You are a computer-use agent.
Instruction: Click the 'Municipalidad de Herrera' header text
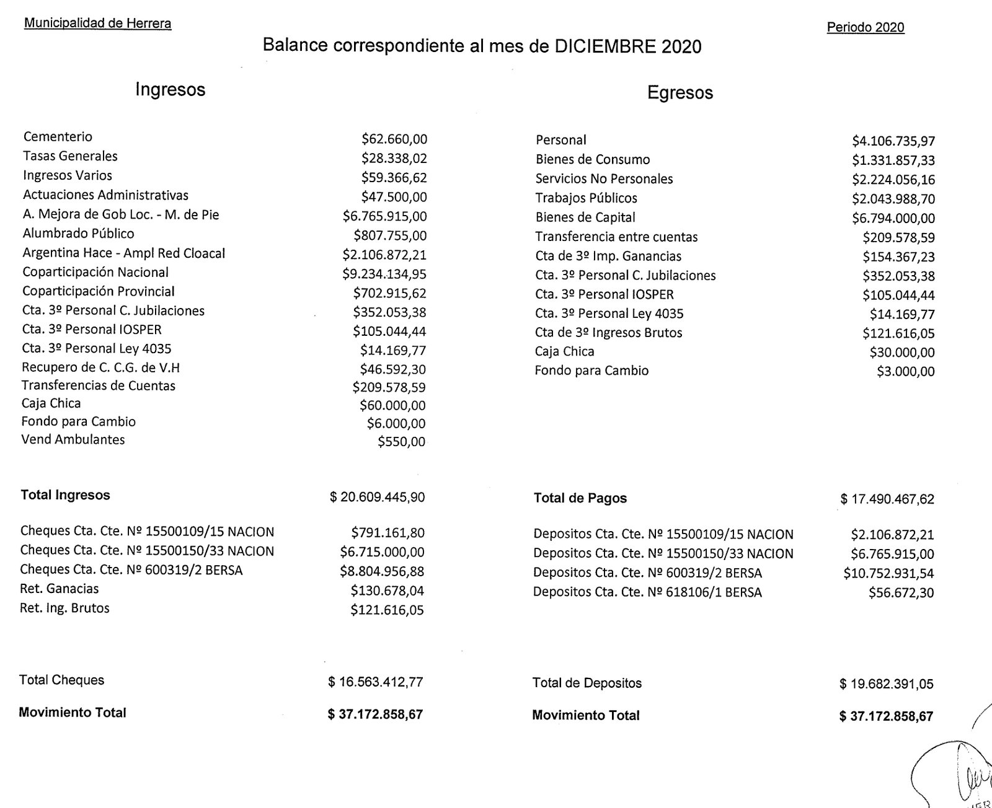pyautogui.click(x=97, y=24)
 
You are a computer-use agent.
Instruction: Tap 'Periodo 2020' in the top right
pyautogui.click(x=865, y=27)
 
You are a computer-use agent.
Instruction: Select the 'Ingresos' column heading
pyautogui.click(x=170, y=89)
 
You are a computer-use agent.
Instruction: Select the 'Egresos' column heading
pyautogui.click(x=680, y=93)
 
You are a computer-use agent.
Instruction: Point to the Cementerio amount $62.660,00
pyautogui.click(x=394, y=139)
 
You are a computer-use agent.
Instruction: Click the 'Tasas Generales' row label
pyautogui.click(x=70, y=156)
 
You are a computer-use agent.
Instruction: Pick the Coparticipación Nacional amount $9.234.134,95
pyautogui.click(x=384, y=274)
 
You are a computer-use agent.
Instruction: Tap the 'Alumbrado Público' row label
pyautogui.click(x=78, y=234)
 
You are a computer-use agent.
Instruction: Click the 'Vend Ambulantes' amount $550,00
pyautogui.click(x=401, y=442)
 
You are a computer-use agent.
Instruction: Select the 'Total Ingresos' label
pyautogui.click(x=65, y=495)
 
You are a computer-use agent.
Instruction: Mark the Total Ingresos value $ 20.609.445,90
pyautogui.click(x=377, y=497)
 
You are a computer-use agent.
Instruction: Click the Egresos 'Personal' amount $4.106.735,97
pyautogui.click(x=893, y=141)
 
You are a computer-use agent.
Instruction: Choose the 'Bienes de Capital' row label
pyautogui.click(x=585, y=217)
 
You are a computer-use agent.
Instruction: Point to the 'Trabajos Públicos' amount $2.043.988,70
pyautogui.click(x=893, y=199)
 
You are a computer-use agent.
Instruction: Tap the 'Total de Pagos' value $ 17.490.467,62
pyautogui.click(x=887, y=499)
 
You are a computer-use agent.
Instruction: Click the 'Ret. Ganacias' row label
pyautogui.click(x=60, y=589)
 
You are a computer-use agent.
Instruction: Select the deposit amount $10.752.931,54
pyautogui.click(x=888, y=574)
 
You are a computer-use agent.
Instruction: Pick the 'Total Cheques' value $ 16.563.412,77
pyautogui.click(x=376, y=682)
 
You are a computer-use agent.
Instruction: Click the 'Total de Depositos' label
pyautogui.click(x=587, y=683)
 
